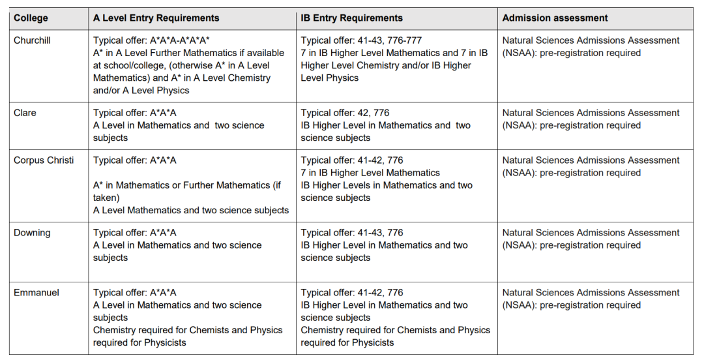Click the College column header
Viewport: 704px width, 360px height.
(x=31, y=18)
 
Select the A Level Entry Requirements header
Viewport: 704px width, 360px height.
(x=156, y=18)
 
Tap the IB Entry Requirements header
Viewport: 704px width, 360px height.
(x=351, y=18)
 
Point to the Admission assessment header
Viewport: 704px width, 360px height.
(x=555, y=18)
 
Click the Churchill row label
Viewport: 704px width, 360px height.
(x=32, y=40)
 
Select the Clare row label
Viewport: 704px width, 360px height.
(x=25, y=113)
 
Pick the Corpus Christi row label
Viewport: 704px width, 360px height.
(x=44, y=160)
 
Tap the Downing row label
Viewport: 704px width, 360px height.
(x=32, y=233)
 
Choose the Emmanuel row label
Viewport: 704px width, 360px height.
(x=37, y=293)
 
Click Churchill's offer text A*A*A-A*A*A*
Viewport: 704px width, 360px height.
(x=180, y=40)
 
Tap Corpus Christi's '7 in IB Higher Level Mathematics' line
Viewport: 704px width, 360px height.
(x=370, y=173)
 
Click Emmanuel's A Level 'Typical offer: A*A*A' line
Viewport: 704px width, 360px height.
(x=135, y=293)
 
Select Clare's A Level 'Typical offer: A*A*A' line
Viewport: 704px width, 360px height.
(x=135, y=113)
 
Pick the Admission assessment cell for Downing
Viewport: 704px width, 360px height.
(x=591, y=239)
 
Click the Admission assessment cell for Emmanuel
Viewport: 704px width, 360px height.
(x=591, y=299)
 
